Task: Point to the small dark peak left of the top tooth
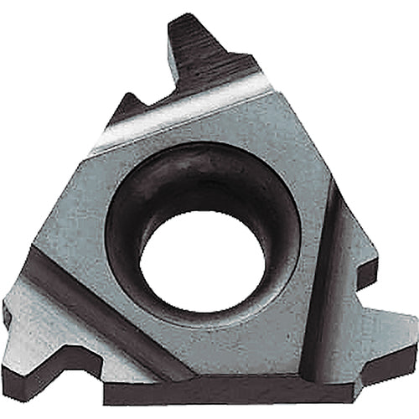coord(127,109)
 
